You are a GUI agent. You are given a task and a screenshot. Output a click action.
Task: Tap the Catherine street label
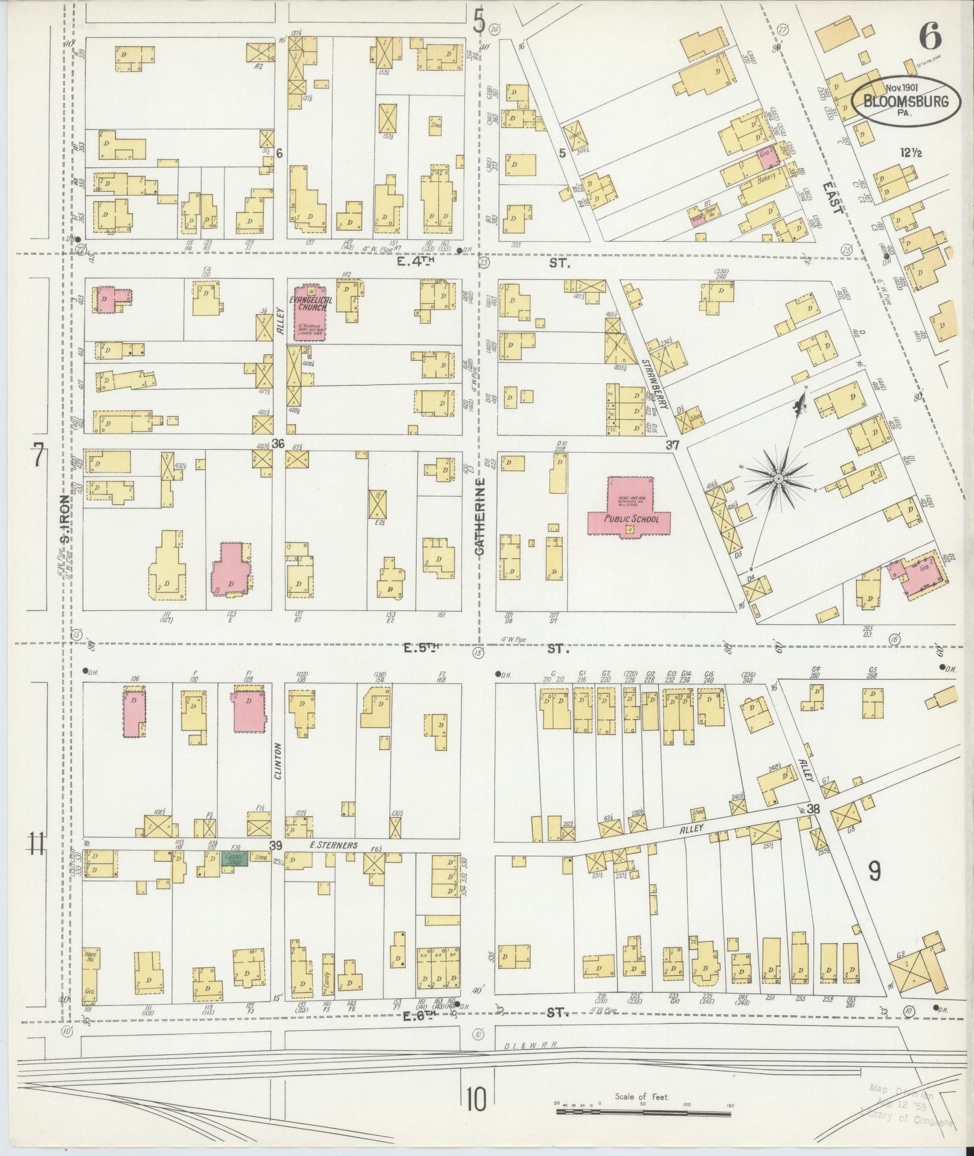(x=480, y=517)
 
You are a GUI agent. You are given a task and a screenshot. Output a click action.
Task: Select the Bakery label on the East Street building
(x=766, y=179)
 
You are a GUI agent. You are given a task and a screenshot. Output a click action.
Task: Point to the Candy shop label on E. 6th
(x=328, y=982)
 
